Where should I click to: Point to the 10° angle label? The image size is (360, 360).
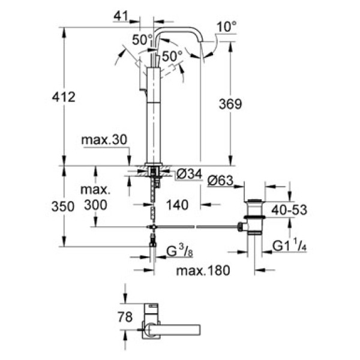pyautogui.click(x=226, y=26)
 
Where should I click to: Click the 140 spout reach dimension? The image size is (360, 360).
pyautogui.click(x=179, y=205)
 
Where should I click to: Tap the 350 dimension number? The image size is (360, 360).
pyautogui.click(x=62, y=206)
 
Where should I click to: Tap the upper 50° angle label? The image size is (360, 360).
pyautogui.click(x=142, y=40)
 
